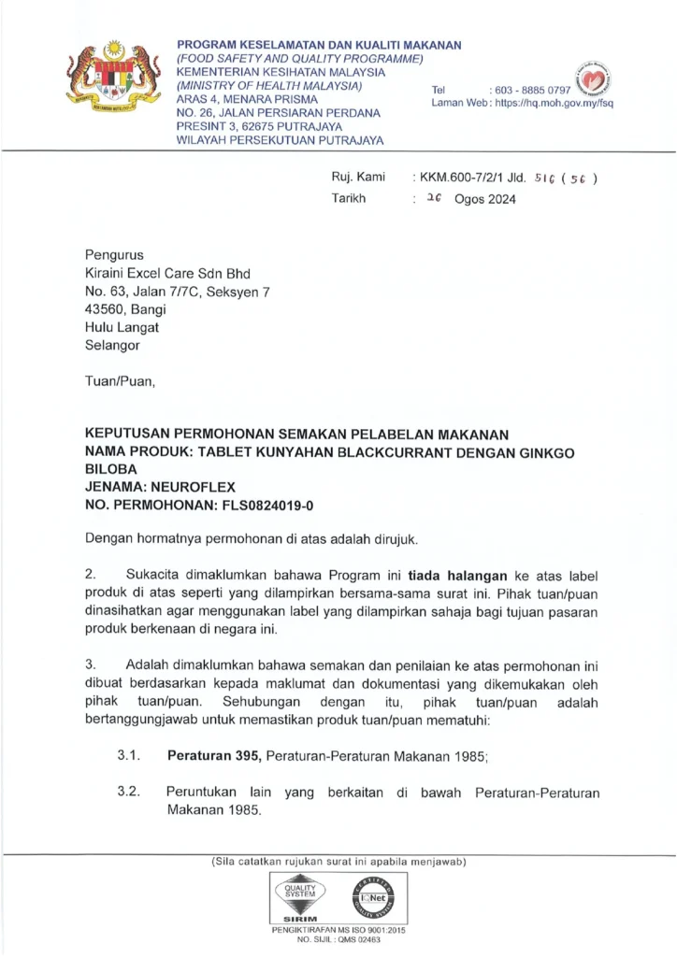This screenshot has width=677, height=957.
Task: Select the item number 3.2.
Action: click(x=129, y=793)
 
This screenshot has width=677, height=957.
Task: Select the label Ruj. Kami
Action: click(x=358, y=177)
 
